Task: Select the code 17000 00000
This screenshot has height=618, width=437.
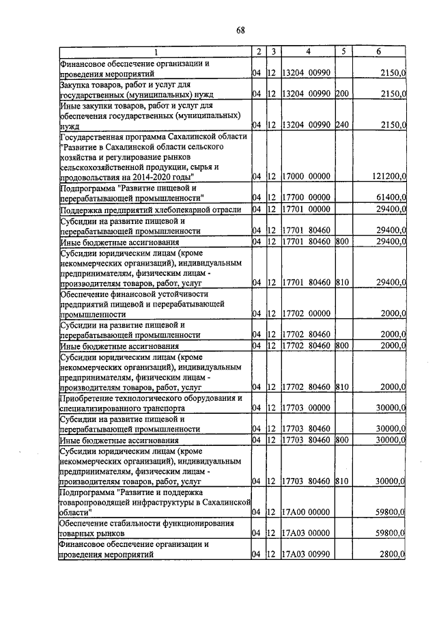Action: point(306,177)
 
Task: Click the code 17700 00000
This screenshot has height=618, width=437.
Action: point(306,197)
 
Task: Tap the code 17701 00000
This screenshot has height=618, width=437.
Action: point(306,209)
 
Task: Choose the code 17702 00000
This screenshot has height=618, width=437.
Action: point(306,314)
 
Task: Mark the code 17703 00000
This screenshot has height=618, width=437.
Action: point(306,408)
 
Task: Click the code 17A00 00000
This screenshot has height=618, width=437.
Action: point(306,512)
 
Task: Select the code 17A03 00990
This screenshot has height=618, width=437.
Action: point(306,555)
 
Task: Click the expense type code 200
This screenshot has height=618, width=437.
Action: point(342,94)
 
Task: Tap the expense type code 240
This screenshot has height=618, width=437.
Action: point(342,126)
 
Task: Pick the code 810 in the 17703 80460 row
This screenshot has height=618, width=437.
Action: point(342,481)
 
